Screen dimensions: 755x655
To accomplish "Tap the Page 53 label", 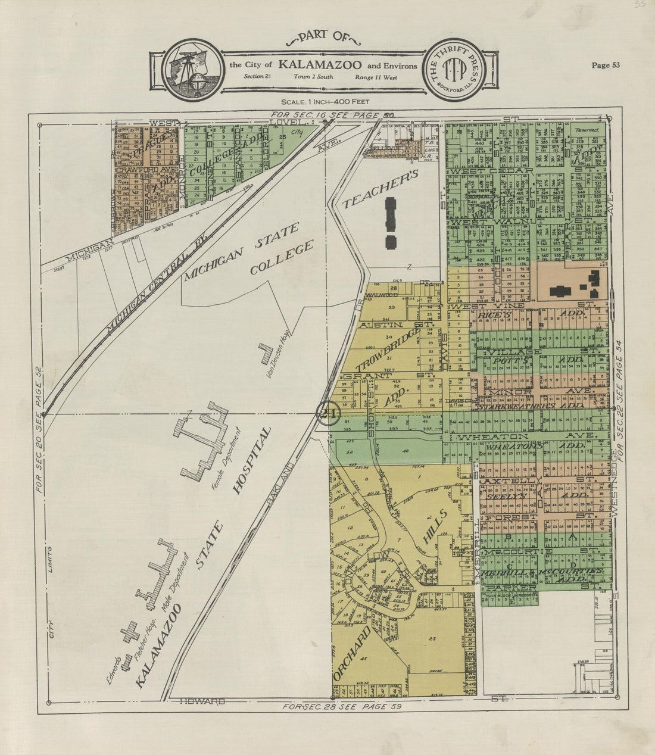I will click(606, 65).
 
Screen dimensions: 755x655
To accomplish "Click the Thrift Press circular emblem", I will click(453, 67).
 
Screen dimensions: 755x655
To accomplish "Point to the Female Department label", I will click(224, 458).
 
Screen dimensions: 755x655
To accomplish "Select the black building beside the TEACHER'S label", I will click(391, 222).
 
